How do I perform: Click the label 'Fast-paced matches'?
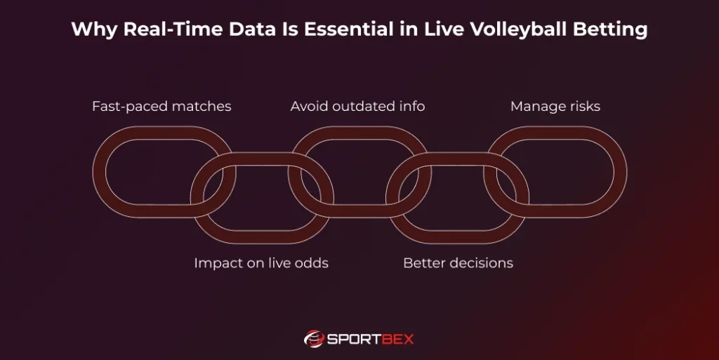tap(161, 107)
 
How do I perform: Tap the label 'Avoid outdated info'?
tap(358, 107)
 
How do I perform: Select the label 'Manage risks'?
tap(555, 107)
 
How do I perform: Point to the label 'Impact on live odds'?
tap(261, 263)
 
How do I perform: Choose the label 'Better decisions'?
tap(458, 263)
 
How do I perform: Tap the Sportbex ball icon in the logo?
tap(313, 338)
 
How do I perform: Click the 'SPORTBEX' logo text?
tap(370, 339)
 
